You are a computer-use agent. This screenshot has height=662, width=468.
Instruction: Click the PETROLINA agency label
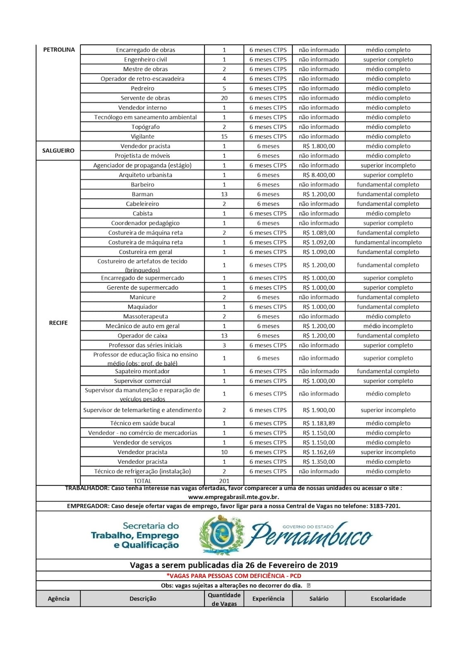[59, 50]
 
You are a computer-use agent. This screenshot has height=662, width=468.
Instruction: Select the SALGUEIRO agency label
[58, 151]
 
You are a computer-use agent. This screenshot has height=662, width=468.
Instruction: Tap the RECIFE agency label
[58, 323]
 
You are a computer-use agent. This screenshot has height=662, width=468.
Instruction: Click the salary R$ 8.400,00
[319, 175]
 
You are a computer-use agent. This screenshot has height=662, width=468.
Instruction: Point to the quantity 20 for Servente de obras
[224, 98]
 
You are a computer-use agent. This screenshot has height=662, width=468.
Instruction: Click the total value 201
[224, 481]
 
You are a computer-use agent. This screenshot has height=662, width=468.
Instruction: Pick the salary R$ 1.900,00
[319, 410]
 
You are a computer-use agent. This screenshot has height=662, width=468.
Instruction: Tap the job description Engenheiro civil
[145, 60]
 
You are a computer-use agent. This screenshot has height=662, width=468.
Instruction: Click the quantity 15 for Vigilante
[224, 137]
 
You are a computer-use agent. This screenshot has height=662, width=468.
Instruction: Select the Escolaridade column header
[388, 599]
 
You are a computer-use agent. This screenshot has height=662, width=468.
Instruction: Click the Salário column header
[319, 599]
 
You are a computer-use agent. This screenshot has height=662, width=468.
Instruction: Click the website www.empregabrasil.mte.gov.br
[233, 497]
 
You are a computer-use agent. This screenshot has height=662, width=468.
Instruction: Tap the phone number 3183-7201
[385, 506]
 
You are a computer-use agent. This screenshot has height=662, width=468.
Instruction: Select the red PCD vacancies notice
[233, 576]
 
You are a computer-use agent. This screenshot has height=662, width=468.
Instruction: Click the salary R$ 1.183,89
[319, 423]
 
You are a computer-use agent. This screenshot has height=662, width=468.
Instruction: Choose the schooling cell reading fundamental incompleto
[388, 242]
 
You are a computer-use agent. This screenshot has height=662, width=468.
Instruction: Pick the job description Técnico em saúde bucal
[142, 423]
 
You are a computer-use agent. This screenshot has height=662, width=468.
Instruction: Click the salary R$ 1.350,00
[319, 462]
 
